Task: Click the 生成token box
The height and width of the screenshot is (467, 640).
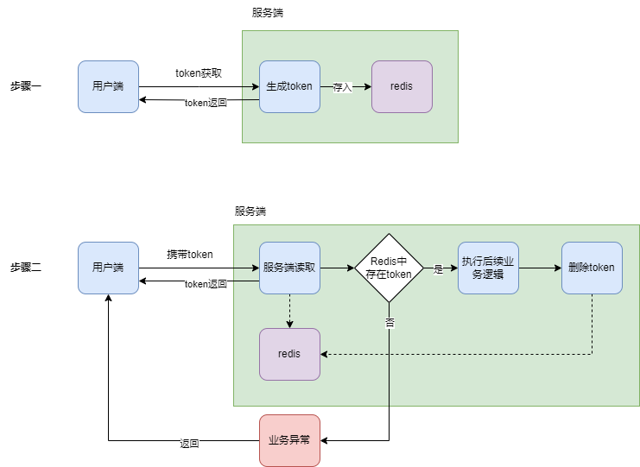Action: pos(290,87)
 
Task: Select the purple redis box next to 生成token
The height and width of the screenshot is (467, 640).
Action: pos(402,87)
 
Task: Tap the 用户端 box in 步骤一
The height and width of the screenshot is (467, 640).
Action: pos(109,87)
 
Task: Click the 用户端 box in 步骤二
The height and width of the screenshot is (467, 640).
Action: pos(109,268)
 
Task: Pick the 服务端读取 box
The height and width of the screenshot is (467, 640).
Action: pos(290,268)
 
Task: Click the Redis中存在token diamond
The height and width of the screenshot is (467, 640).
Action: pos(389,268)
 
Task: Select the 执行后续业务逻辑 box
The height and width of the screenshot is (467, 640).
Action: pos(488,268)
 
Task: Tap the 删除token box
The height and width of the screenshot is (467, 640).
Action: pos(592,268)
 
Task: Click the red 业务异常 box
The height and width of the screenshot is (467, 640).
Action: pos(290,440)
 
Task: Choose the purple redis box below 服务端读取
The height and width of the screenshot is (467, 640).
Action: pos(290,355)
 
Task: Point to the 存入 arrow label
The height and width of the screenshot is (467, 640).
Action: pos(342,87)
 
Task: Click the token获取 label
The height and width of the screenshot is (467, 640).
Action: pos(199,73)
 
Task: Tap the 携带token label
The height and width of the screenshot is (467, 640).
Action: pos(190,255)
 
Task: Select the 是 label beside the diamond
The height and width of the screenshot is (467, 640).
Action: pos(438,269)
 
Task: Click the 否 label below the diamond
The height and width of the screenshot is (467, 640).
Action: pos(390,323)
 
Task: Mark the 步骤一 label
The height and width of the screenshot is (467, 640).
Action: pos(26,86)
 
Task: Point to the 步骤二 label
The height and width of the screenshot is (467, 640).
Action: pos(26,268)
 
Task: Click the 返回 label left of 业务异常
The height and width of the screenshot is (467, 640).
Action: pos(189,444)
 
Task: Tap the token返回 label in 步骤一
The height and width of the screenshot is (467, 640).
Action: pos(206,103)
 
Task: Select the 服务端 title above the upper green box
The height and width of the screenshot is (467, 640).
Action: pos(268,13)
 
